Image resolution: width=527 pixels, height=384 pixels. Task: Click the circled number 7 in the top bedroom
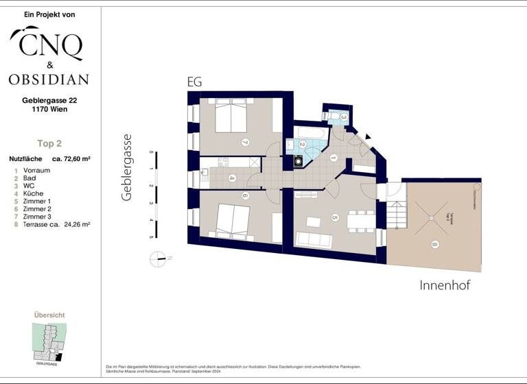tap(244, 143)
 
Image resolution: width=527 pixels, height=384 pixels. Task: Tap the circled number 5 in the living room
tap(335, 218)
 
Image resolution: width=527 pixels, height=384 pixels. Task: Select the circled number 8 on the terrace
tap(434, 243)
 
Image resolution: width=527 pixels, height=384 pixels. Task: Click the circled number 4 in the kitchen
tap(231, 179)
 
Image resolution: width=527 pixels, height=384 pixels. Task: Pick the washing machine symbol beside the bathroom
tap(298, 161)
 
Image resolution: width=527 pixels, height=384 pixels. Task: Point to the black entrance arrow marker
tap(368, 137)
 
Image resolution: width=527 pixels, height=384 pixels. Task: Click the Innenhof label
tap(445, 285)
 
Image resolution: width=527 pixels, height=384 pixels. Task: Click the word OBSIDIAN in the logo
tap(48, 79)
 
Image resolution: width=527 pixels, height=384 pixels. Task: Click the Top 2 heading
tap(49, 143)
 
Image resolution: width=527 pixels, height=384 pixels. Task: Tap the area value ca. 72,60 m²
tap(71, 159)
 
